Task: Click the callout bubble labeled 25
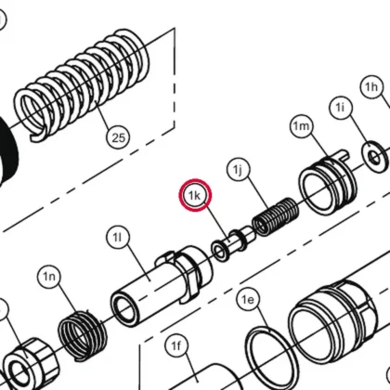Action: point(119,137)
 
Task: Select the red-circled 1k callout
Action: point(195,195)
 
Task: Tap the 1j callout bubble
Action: point(239,170)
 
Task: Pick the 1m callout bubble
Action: point(302,126)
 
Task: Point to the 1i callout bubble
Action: point(340,108)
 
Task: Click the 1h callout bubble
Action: point(371,87)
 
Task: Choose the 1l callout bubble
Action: point(118,238)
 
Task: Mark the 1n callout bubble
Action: point(49,277)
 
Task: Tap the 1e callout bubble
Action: point(248,300)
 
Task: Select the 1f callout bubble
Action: point(175,346)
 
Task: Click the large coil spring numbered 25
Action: point(82,84)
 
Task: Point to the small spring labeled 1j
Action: point(276,216)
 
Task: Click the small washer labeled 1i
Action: point(375,157)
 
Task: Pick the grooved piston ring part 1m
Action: point(328,182)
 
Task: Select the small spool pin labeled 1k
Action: point(233,244)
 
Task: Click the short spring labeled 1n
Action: point(83,335)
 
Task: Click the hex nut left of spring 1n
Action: point(30,365)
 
